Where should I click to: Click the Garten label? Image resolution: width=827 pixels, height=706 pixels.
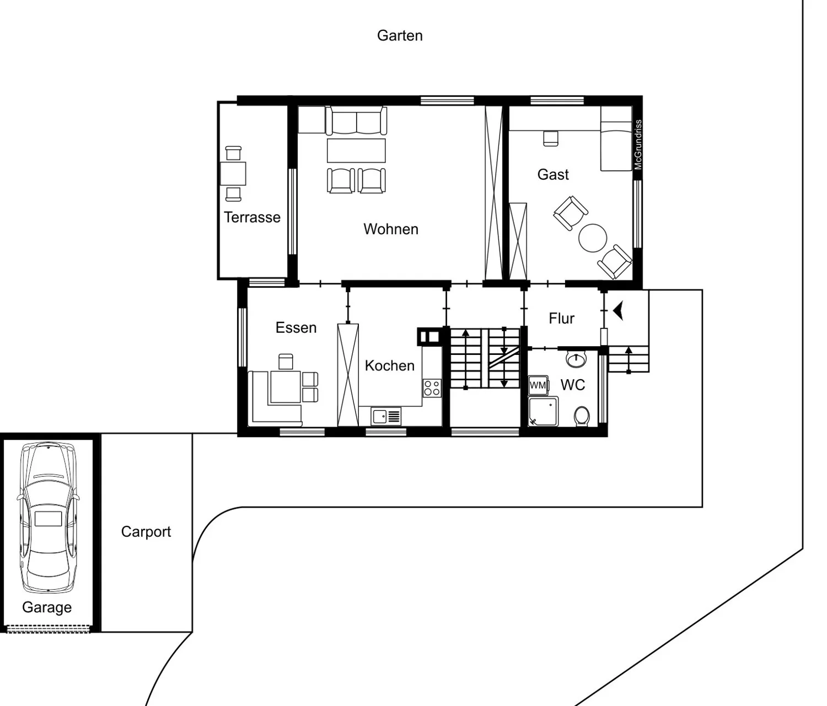400,36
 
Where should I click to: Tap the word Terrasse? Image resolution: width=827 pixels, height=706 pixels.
252,217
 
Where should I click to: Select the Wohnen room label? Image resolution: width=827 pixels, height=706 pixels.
390,229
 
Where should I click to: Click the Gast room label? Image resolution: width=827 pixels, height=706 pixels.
552,175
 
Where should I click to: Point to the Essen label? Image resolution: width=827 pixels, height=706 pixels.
296,328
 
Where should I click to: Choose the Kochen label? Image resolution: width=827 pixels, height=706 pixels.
389,366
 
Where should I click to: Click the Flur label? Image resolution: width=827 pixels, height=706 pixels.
561,319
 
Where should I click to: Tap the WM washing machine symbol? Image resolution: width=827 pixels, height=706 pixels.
538,385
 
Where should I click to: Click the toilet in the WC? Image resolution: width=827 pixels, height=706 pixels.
582,416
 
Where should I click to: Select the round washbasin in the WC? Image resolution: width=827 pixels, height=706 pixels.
576,359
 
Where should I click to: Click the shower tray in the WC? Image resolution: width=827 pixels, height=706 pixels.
543,412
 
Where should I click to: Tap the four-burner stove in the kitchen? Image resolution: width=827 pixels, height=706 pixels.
432,388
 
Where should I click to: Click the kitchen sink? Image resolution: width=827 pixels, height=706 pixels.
386,416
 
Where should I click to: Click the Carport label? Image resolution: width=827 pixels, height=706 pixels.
146,532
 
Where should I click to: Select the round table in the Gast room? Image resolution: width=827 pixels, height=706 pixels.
593,238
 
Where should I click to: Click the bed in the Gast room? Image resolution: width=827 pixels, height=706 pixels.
616,139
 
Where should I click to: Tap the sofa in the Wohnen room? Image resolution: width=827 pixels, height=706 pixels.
356,121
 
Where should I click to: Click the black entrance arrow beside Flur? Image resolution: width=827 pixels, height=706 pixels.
618,311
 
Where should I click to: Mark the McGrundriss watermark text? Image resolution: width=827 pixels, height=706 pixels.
638,144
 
